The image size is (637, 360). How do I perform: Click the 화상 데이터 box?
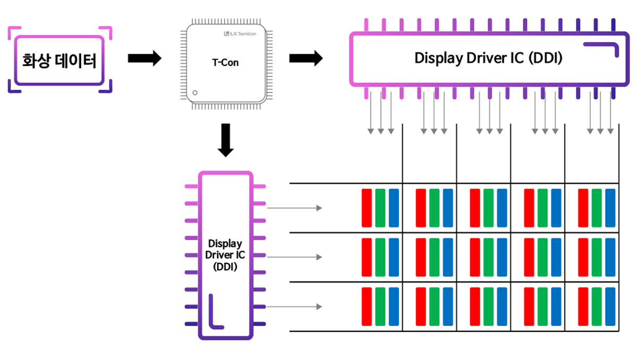pos(59,61)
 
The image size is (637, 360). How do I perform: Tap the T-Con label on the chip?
pos(225,63)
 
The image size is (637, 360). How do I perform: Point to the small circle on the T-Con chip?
pos(195,93)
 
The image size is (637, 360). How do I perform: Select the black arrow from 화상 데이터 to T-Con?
pos(144,58)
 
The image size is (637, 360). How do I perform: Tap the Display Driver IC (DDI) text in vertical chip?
pos(225,255)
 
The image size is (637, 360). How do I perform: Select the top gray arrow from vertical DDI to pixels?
pos(294,208)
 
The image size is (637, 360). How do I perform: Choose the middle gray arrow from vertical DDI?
pos(294,257)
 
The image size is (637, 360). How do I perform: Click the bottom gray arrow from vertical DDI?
pos(294,306)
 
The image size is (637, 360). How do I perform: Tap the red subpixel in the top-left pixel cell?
pos(366,208)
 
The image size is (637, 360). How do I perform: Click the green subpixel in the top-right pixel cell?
pos(597,208)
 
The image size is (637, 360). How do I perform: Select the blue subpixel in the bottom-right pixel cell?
pos(610,306)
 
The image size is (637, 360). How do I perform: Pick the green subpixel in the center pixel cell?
pos(488,257)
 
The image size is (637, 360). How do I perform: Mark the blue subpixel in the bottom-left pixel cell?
pos(394,306)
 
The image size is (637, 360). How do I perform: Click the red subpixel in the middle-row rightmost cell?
pos(583,257)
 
